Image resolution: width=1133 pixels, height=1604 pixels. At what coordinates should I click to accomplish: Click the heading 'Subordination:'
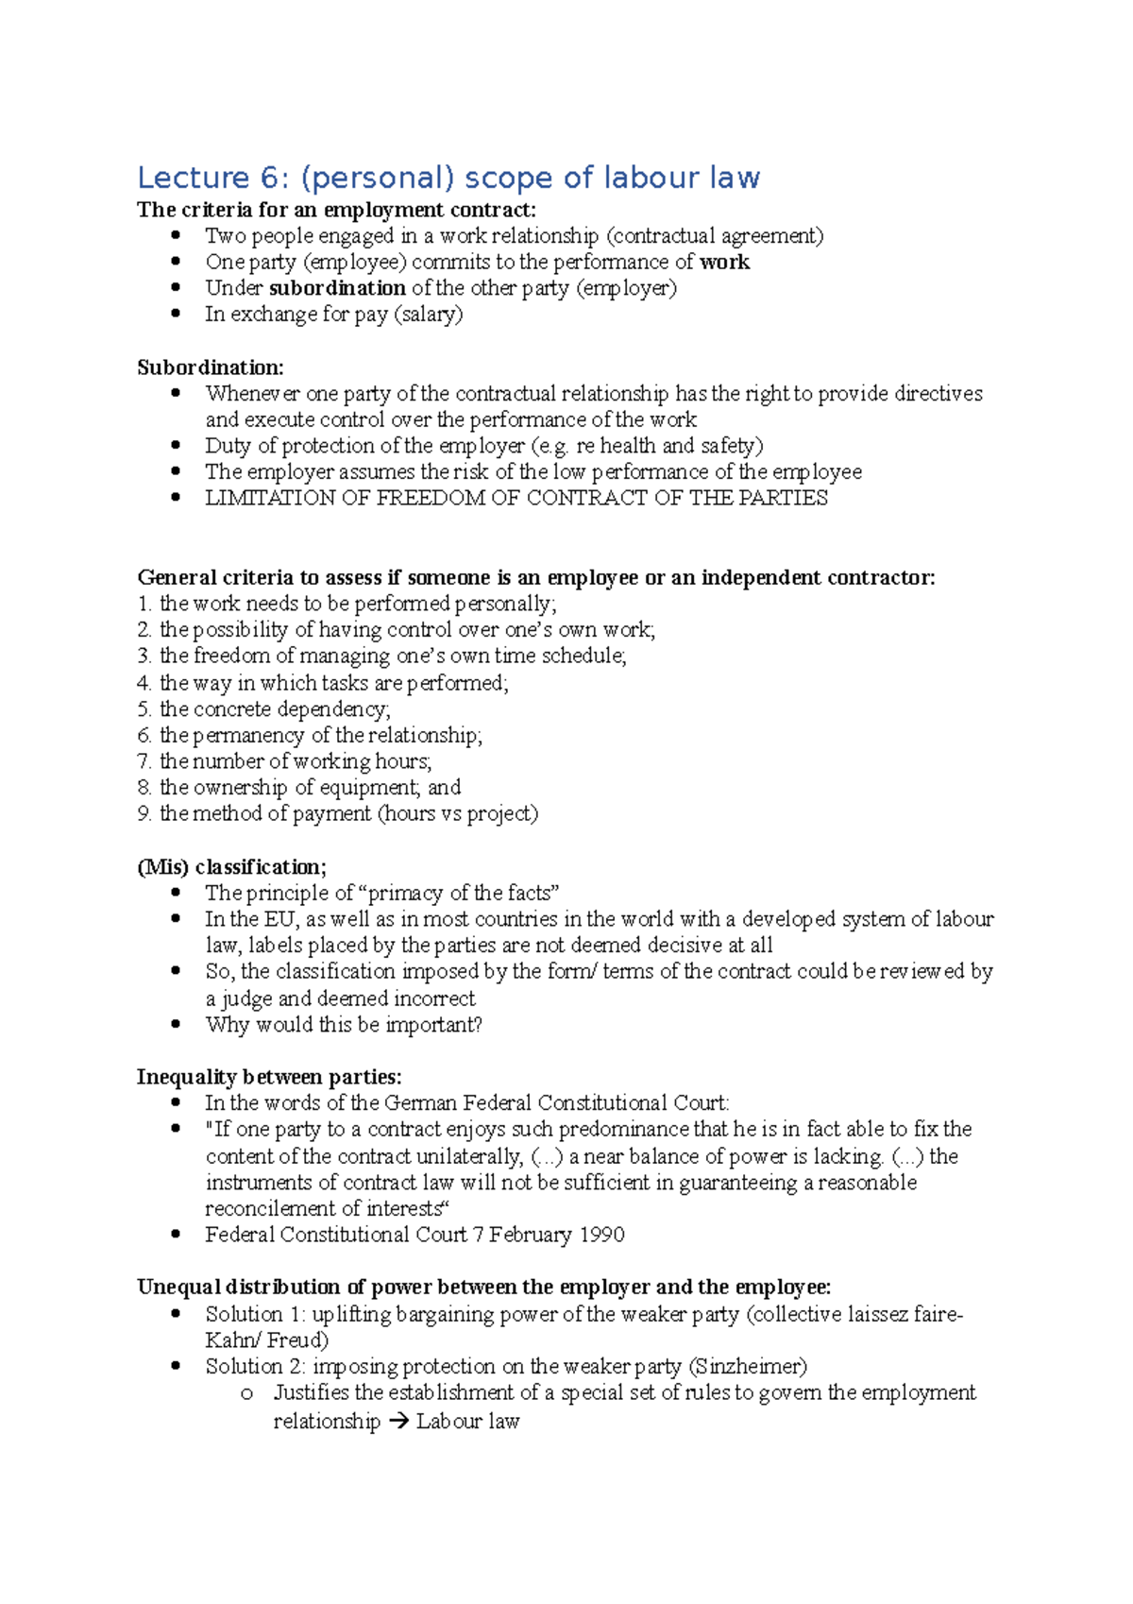[x=210, y=367]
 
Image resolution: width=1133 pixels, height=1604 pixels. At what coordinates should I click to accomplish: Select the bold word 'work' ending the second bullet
[x=724, y=263]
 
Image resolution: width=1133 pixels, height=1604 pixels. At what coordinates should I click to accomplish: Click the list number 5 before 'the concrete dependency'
[x=144, y=709]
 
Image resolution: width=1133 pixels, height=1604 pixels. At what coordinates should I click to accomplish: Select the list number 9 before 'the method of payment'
[x=144, y=814]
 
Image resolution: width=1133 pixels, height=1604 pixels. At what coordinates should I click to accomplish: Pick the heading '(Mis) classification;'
[x=231, y=867]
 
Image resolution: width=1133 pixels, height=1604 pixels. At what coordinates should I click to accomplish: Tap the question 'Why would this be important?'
[x=344, y=1025]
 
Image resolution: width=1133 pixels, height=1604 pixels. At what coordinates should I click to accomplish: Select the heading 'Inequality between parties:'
[x=269, y=1078]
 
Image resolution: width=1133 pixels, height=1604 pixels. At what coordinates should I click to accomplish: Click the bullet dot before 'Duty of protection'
[x=176, y=445]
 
